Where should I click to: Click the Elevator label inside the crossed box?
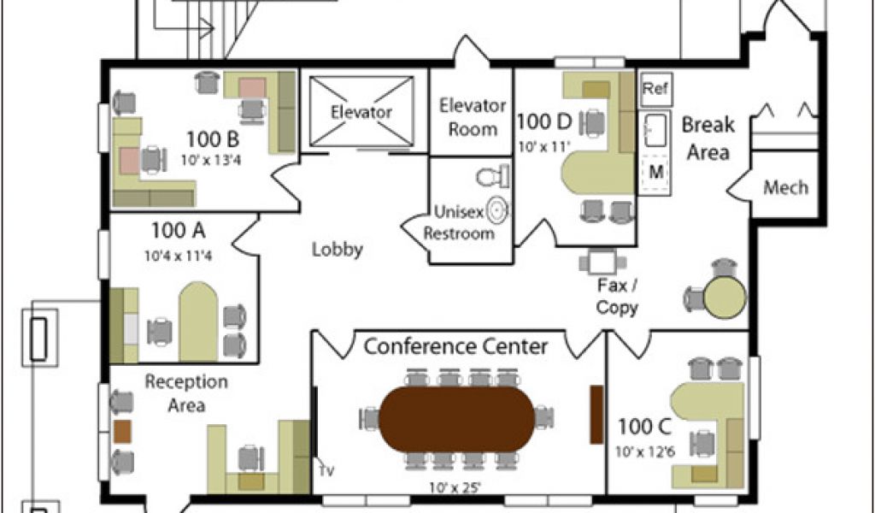(361, 112)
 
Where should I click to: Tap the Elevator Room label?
(472, 117)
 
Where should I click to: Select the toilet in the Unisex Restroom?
(493, 176)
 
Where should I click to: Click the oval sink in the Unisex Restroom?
(496, 210)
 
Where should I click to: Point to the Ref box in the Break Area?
(655, 89)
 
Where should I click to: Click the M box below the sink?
(656, 173)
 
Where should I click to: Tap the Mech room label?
(786, 187)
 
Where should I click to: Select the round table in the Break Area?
(725, 297)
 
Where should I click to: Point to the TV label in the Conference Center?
(326, 471)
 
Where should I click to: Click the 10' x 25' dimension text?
(455, 487)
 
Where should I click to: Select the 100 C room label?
(644, 427)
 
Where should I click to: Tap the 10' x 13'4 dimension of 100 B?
(211, 160)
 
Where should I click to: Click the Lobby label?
(337, 249)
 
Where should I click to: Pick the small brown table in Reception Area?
(122, 432)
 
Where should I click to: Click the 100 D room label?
(544, 121)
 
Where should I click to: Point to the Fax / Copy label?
(617, 297)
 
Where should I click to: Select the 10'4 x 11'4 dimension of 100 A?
(178, 256)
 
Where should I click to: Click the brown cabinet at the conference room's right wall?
(596, 414)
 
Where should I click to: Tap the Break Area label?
(708, 138)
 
